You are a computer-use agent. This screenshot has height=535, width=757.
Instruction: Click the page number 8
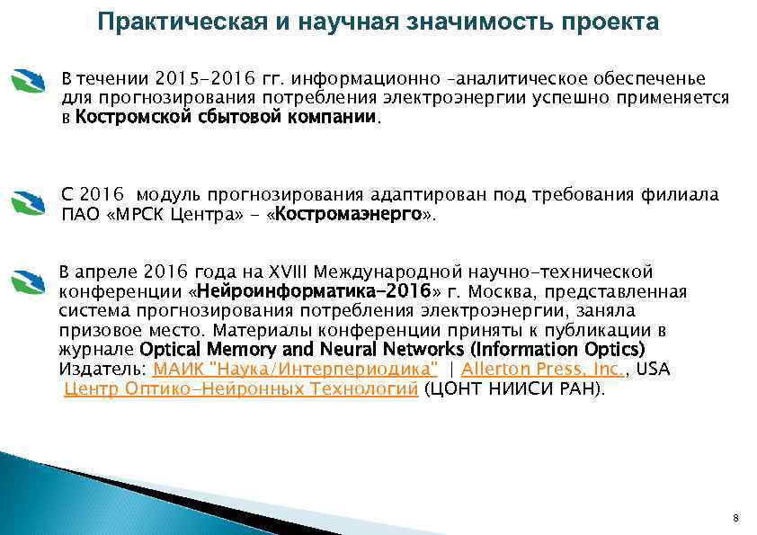[x=736, y=519]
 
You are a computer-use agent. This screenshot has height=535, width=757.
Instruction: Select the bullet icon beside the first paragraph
[x=28, y=84]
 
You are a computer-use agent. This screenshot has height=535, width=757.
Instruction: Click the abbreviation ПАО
[x=76, y=215]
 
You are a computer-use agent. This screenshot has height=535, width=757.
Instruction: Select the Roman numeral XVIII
[x=281, y=272]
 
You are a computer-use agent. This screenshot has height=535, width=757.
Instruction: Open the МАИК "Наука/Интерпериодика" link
[x=296, y=370]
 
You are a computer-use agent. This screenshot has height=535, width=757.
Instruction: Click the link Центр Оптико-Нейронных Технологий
[x=242, y=389]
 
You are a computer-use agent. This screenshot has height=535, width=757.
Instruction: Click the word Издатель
[x=102, y=370]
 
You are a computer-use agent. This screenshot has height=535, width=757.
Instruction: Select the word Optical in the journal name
[x=171, y=349]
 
